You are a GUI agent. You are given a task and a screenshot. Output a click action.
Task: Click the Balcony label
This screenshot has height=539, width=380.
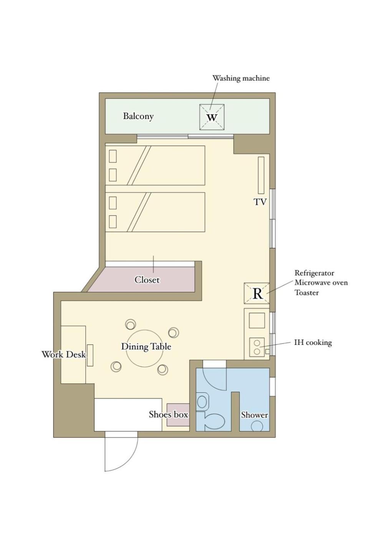point(138,116)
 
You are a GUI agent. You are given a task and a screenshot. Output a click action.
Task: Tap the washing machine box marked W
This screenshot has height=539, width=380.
point(212,117)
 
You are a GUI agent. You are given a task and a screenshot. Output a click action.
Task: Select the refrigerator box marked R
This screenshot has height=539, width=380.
point(257,293)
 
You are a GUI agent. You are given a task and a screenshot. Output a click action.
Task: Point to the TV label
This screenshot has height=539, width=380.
point(260,202)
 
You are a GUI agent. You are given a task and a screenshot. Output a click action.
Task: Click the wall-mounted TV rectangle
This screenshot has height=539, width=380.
point(261,175)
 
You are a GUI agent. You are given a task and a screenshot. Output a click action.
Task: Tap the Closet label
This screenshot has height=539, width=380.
point(147,280)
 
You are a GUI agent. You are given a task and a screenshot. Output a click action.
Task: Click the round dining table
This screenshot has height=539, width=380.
point(145,348)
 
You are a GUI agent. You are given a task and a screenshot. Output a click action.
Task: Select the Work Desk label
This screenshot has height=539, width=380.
point(64,354)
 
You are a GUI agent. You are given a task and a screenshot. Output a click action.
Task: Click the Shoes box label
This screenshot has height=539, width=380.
point(168,414)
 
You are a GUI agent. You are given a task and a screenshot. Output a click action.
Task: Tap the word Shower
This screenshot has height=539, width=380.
point(255,415)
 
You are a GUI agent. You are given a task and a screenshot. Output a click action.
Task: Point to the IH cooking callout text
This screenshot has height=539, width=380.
point(313,342)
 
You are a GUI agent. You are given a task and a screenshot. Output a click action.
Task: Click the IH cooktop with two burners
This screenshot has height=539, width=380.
point(257,347)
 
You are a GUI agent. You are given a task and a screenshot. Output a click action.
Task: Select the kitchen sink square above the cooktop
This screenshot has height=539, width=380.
point(257,320)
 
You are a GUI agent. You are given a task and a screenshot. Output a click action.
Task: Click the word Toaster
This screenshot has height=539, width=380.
point(307,293)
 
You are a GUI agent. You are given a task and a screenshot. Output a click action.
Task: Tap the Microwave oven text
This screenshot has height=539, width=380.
point(321,282)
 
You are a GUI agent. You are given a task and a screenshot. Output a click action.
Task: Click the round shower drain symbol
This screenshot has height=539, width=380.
point(257,426)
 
